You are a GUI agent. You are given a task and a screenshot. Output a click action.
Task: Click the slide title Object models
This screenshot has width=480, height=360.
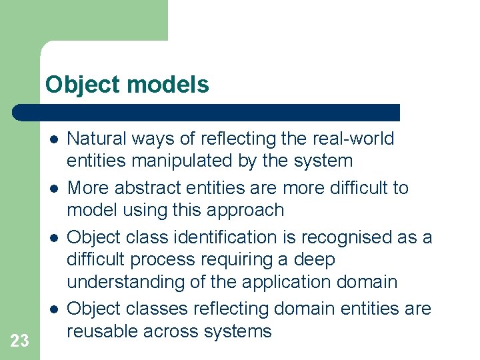[127, 85]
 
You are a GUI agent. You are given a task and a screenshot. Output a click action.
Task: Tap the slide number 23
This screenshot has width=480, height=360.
[20, 341]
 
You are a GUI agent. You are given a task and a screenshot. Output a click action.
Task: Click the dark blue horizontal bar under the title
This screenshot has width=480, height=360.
[207, 112]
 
